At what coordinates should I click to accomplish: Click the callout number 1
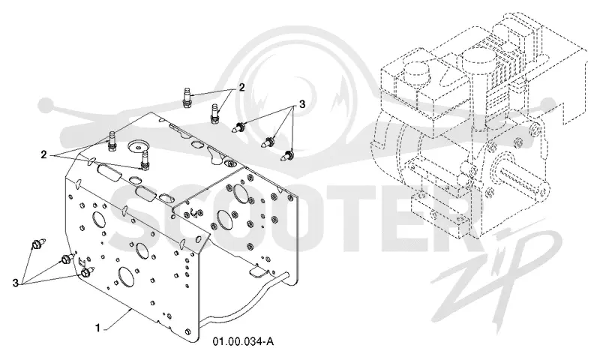point(98,328)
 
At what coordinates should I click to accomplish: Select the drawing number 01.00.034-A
point(243,341)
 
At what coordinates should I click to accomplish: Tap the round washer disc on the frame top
point(138,145)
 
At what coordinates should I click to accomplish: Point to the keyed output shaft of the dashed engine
point(520,184)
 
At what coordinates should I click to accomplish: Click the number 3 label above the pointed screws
point(302,103)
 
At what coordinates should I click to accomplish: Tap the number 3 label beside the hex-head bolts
point(15,283)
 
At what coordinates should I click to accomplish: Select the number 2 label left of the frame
point(44,154)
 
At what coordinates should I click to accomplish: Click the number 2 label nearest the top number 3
point(241,87)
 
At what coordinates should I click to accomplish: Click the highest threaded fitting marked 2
point(186,98)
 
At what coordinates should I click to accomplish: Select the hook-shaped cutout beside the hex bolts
point(81,262)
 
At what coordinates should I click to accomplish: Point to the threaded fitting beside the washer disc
point(145,160)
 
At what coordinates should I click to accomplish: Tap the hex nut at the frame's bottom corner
point(188,331)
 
